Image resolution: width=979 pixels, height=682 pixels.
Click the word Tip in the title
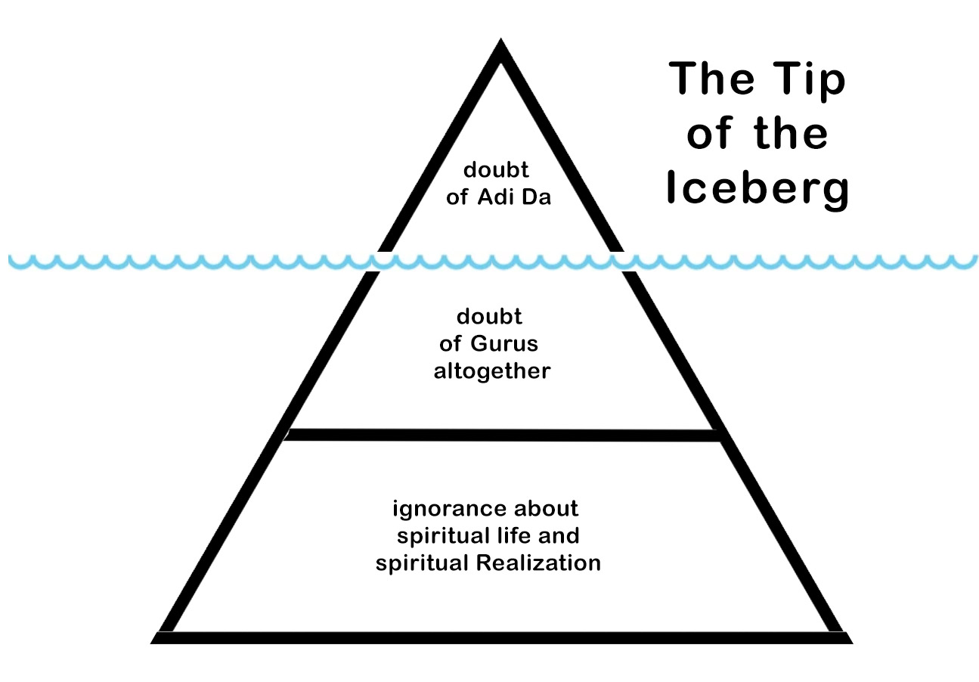[808, 79]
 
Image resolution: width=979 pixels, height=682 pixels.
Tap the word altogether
[491, 372]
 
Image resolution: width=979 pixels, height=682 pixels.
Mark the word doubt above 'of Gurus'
[489, 316]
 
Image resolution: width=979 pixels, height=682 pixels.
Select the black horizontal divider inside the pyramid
[503, 435]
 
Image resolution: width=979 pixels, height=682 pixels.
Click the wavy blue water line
[227, 262]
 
